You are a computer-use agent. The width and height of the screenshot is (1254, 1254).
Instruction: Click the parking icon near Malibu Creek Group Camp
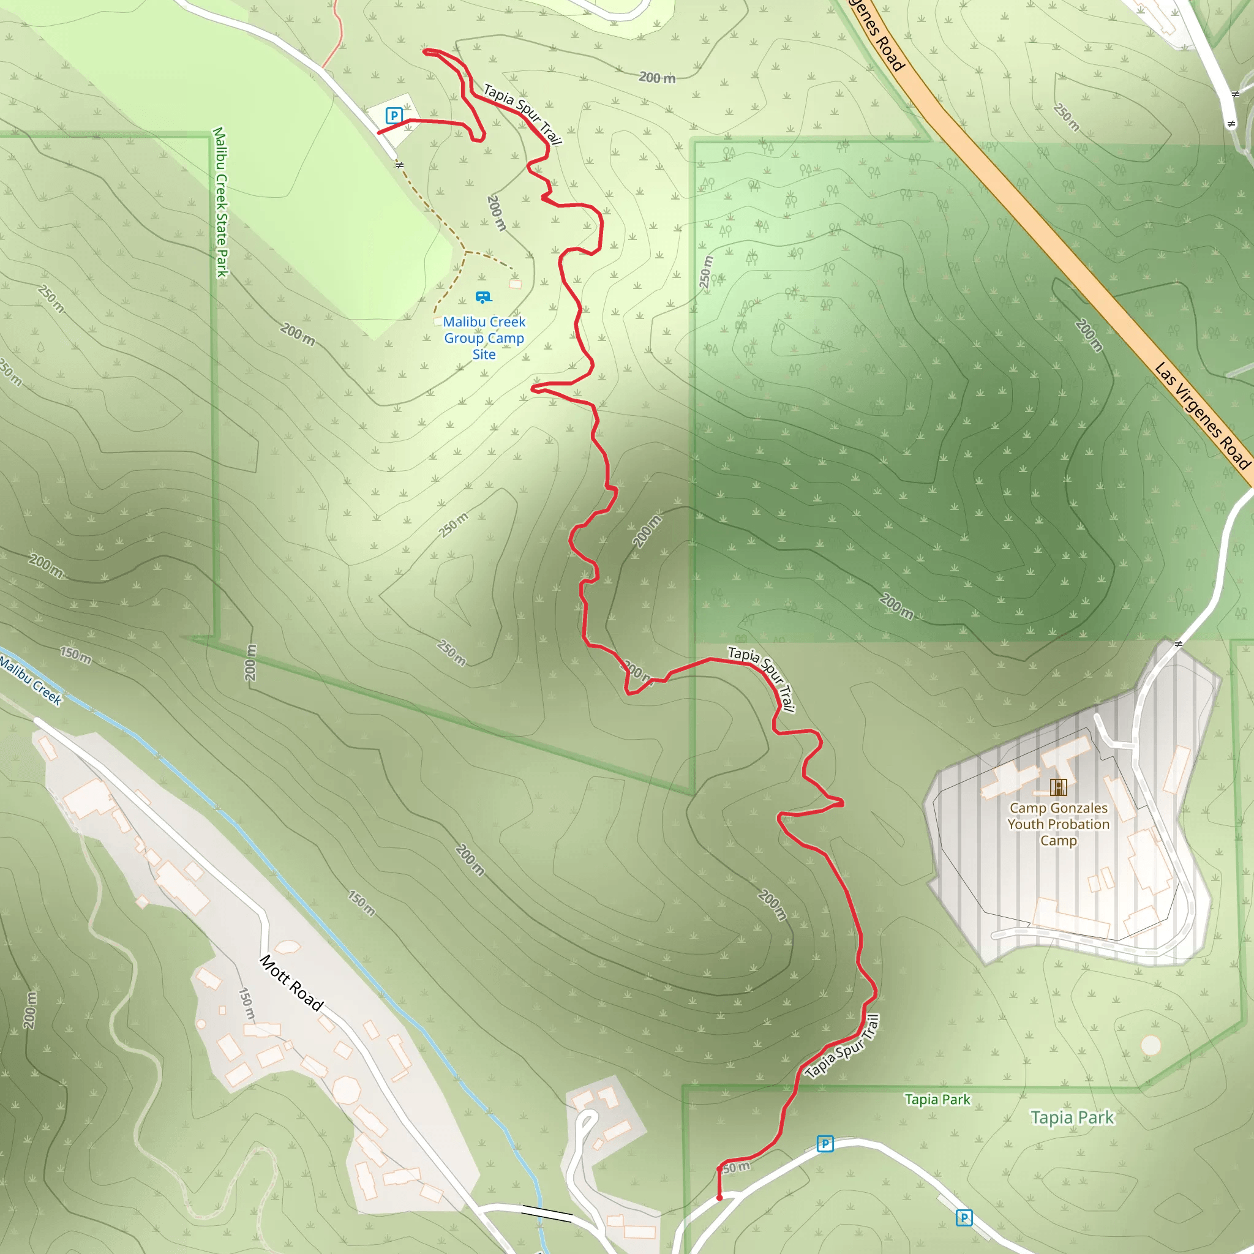[393, 116]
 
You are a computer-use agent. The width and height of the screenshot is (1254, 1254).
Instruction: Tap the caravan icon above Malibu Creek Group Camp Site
[482, 297]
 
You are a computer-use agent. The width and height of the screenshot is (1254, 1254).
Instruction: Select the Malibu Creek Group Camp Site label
[484, 338]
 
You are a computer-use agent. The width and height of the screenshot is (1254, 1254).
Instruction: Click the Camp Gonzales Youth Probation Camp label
[1058, 824]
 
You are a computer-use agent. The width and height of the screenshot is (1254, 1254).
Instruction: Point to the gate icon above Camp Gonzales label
[1058, 787]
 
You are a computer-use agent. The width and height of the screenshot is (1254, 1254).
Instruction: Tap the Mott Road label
[291, 983]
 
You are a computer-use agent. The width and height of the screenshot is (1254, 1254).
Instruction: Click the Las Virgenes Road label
[1202, 415]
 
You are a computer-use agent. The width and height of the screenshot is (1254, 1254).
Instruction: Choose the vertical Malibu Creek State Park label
[221, 203]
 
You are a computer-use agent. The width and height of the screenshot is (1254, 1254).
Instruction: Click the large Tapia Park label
[1072, 1117]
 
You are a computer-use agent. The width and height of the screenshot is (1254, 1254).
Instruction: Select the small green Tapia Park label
[937, 1099]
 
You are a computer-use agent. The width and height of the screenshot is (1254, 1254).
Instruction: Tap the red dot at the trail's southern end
[719, 1198]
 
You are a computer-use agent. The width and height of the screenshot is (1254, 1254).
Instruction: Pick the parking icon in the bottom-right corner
[964, 1218]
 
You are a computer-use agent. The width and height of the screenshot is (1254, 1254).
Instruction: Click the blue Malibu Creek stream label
[31, 681]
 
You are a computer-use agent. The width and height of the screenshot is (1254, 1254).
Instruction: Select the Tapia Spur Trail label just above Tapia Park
[842, 1046]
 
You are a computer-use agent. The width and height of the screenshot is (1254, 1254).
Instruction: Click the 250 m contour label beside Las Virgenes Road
[1066, 117]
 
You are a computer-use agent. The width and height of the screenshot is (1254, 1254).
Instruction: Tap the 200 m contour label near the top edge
[657, 78]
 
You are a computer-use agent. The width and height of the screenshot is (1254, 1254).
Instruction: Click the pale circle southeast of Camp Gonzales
[1151, 1045]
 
